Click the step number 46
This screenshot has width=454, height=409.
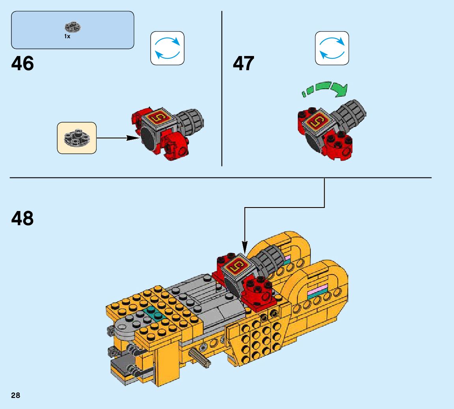tap(23, 63)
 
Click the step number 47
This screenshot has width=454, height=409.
tap(243, 63)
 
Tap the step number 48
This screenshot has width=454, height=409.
tap(23, 218)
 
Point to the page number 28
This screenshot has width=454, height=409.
tap(16, 396)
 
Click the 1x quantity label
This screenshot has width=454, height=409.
tap(67, 36)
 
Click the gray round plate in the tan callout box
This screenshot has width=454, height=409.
tap(77, 137)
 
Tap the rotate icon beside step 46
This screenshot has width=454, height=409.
tap(167, 48)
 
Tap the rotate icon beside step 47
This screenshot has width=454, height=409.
tap(332, 48)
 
